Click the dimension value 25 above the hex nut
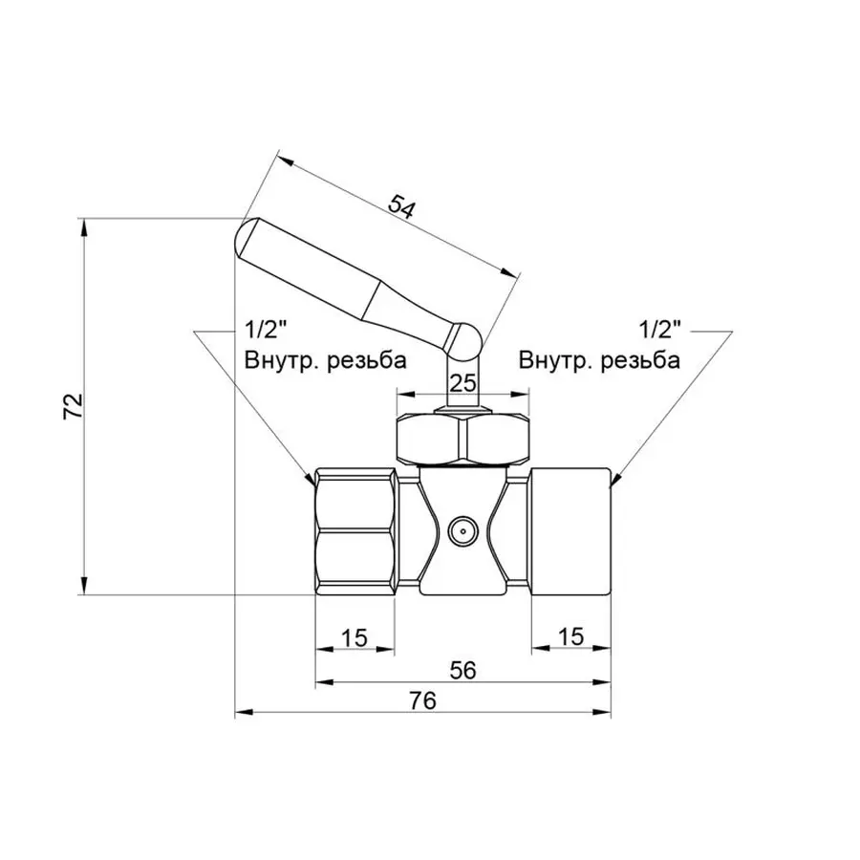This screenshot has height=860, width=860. (x=462, y=383)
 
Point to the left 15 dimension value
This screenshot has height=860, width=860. (x=354, y=637)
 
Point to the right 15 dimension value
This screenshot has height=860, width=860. (x=570, y=637)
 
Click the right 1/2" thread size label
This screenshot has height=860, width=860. (x=659, y=331)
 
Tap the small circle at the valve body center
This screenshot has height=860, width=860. (x=462, y=528)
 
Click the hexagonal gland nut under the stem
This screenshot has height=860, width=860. (x=462, y=438)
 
